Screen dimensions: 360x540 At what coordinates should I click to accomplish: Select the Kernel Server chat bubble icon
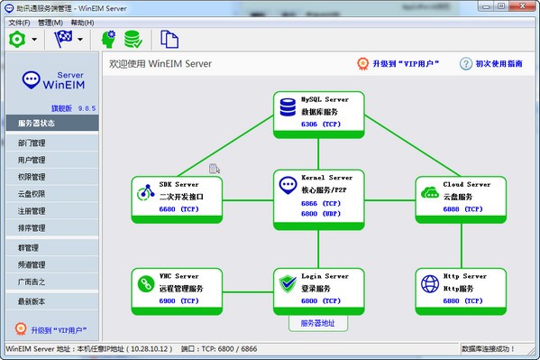coord(289,186)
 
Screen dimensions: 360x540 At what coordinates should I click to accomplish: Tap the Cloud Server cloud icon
coord(429,191)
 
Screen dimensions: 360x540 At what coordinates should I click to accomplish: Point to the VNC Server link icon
coord(147,283)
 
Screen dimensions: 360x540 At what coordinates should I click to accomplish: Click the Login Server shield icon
coord(288,283)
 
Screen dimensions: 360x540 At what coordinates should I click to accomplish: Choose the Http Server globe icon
coord(429,283)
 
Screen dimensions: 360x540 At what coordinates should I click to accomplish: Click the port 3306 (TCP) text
coord(321,124)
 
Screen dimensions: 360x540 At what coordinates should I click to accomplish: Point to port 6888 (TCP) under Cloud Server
coord(462,208)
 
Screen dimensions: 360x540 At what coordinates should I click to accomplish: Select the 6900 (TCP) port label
coord(179,300)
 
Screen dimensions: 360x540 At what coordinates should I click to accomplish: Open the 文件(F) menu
coord(19,22)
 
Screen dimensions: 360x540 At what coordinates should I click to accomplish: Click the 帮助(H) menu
coord(82,22)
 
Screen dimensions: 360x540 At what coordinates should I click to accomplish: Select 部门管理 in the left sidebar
coord(32,143)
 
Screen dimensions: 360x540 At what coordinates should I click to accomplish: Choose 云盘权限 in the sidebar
coord(32,193)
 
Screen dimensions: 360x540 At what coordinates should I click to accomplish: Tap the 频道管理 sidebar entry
coord(32,264)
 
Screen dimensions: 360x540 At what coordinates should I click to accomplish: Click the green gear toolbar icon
coord(16,39)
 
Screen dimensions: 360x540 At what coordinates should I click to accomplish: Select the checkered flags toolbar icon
coord(63,39)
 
